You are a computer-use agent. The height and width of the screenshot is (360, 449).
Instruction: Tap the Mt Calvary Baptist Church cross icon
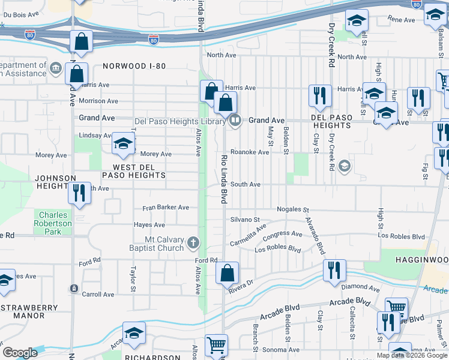[x=193, y=243]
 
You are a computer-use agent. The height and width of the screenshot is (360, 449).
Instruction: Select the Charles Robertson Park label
[x=55, y=223]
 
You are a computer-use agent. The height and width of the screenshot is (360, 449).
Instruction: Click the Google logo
[x=20, y=353]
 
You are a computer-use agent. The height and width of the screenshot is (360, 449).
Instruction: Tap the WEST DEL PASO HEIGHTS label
[x=133, y=170]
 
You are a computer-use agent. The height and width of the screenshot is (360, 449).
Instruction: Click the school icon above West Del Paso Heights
[x=123, y=143]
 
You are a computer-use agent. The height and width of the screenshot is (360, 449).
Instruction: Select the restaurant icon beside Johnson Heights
[x=79, y=193]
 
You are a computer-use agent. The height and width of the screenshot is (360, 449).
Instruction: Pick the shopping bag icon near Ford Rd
[x=227, y=273]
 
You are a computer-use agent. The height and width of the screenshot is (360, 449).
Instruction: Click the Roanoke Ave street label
[x=250, y=152]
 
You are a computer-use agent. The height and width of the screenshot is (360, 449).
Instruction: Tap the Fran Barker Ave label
[x=165, y=208]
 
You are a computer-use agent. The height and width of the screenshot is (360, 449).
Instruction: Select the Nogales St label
[x=292, y=210]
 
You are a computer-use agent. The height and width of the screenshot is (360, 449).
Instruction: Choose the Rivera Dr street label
[x=241, y=285]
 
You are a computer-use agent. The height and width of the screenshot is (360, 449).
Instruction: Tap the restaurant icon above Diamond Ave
[x=334, y=270]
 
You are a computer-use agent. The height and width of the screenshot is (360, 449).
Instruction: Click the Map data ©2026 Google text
[x=411, y=355]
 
